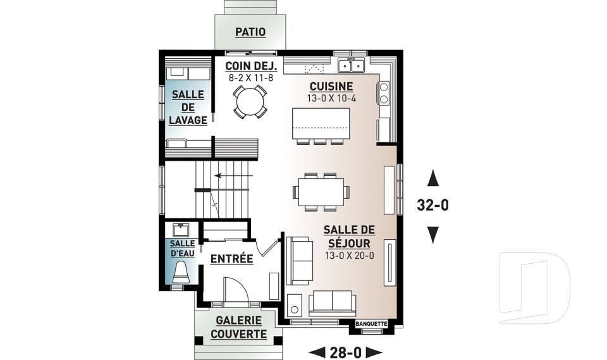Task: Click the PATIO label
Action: (x=250, y=32)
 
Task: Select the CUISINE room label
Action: (x=331, y=86)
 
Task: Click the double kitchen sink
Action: (x=351, y=65)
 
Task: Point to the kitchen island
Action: (x=321, y=123)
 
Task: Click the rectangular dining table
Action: (x=321, y=192)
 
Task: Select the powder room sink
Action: (x=180, y=230)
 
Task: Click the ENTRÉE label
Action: (x=231, y=259)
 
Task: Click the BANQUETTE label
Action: (x=371, y=323)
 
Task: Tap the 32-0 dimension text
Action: (x=432, y=205)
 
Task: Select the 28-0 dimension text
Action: (x=345, y=352)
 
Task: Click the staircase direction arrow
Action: (x=233, y=175)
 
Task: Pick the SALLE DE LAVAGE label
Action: (x=188, y=108)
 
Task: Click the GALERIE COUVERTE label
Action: (x=238, y=327)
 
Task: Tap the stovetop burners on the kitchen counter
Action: (x=384, y=92)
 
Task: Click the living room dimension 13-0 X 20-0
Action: (x=349, y=256)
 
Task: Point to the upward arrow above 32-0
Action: (x=432, y=178)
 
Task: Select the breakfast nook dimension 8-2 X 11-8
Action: (x=251, y=78)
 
